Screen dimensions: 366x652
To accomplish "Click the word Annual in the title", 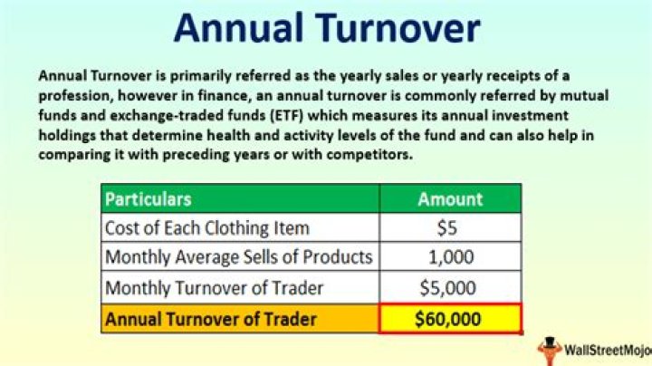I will [x=238, y=28].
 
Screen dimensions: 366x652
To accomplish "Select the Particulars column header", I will [x=149, y=199].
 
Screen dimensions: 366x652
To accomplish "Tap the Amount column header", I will [x=450, y=199].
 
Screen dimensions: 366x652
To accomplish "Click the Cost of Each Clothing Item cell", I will [x=207, y=228].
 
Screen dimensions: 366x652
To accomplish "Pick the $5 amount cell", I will [x=450, y=228].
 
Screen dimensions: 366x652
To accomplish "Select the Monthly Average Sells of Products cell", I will [x=239, y=257].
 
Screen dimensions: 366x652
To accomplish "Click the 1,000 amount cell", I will [x=450, y=257].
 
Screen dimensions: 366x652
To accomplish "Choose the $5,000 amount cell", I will [x=450, y=289].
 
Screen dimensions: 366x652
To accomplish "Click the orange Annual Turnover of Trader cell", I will [x=213, y=319].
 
